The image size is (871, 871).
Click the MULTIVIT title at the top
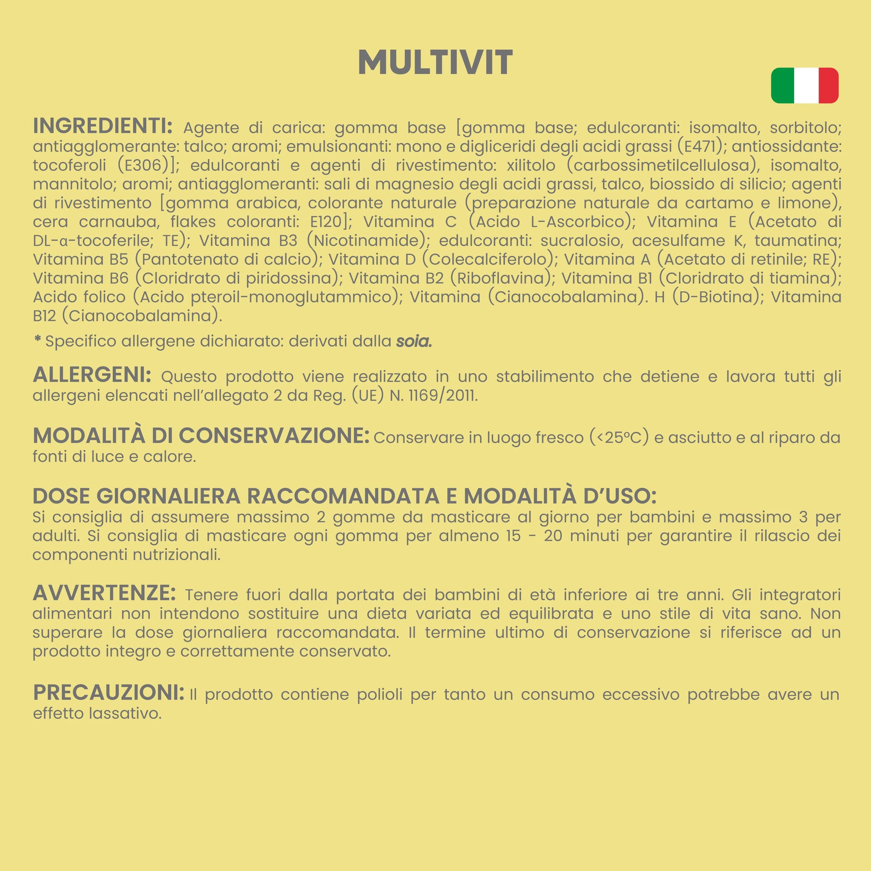[435, 63]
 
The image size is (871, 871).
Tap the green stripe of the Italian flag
[782, 86]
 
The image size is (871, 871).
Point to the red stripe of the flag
[828, 86]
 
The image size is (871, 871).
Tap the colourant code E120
[326, 222]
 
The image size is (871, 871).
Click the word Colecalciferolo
[487, 259]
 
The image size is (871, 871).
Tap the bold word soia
[414, 341]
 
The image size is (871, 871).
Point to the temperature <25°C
[619, 437]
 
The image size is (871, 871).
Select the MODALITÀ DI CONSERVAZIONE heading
[201, 435]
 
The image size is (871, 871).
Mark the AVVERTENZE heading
[104, 593]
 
